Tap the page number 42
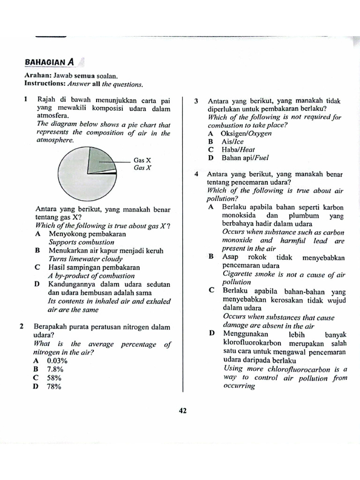point(183,411)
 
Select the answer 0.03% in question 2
point(57,361)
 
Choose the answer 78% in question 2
point(54,387)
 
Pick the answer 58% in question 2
point(54,378)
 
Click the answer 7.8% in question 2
point(55,369)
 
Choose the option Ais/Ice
point(232,141)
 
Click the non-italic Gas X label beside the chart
point(142,160)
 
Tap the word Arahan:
point(37,75)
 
